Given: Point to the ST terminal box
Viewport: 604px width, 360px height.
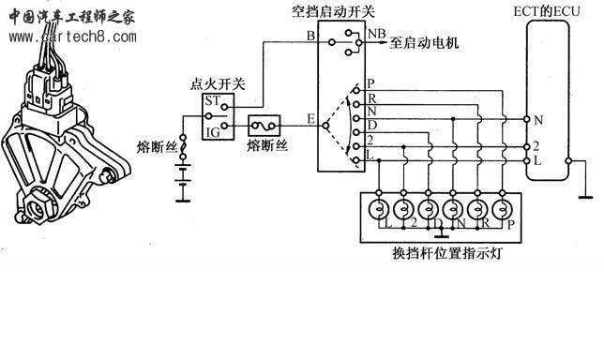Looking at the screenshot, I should tap(213, 100).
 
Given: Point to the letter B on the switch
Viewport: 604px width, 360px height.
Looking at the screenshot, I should tap(310, 37).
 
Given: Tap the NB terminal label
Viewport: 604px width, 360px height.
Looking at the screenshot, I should tap(376, 35).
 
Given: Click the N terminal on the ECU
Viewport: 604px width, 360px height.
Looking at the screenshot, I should tap(537, 121).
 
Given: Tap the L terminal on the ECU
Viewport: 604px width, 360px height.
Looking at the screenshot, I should tap(537, 161).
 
